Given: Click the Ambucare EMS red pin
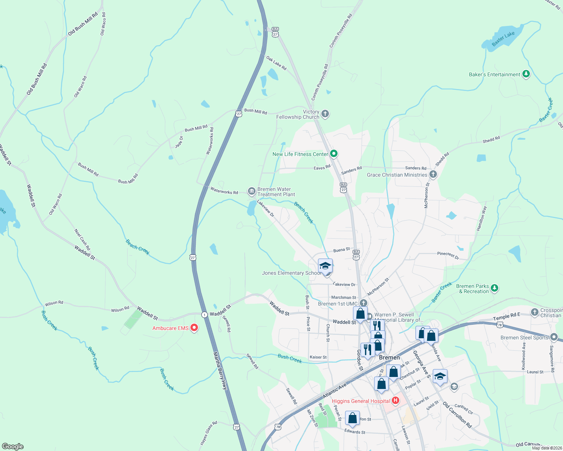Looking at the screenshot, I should [194, 328].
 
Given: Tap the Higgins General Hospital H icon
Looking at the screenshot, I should [395, 401].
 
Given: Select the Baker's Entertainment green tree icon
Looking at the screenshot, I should [526, 74].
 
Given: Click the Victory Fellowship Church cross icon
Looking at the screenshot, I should [325, 114].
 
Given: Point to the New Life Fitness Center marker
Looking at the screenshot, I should [333, 154].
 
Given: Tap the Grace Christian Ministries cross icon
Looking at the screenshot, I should [433, 174].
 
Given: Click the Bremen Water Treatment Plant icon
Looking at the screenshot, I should [251, 191].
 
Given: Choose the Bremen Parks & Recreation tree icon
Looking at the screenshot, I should [495, 288].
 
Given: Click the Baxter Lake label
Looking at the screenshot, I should [503, 39].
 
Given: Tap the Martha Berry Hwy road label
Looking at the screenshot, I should [220, 370].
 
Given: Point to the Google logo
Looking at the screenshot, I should [13, 446].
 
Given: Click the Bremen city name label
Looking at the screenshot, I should [390, 357].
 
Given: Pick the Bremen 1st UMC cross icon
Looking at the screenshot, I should [363, 303].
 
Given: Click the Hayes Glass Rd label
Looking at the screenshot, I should [209, 433].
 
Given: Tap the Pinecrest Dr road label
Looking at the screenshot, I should [448, 256].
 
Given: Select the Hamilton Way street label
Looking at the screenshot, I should [481, 218].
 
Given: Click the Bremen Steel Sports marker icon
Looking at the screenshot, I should [554, 337].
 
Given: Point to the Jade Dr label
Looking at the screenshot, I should [179, 142].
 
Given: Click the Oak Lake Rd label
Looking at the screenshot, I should [276, 63].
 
